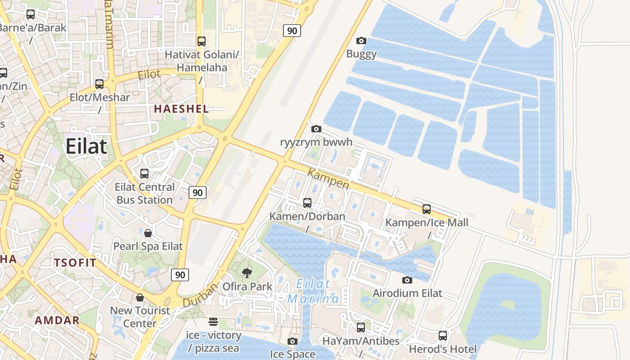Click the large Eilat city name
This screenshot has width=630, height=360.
(x=86, y=147)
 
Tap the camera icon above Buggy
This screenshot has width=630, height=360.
(x=361, y=41)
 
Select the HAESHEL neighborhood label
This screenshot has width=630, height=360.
(x=181, y=108)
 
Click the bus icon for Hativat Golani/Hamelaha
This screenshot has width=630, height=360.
(x=202, y=41)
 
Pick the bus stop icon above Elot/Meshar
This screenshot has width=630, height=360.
(x=99, y=84)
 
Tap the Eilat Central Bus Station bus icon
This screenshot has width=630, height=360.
(x=144, y=174)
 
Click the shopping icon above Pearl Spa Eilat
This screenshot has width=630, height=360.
(x=148, y=233)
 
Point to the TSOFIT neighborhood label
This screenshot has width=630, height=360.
(x=75, y=263)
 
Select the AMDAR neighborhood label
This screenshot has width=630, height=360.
(x=57, y=320)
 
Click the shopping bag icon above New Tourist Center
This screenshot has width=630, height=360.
(x=140, y=297)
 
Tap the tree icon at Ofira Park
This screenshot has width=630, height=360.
(x=247, y=273)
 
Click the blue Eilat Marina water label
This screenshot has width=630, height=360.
(x=313, y=291)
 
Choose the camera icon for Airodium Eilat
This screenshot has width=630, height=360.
(x=407, y=280)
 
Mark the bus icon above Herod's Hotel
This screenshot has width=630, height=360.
(x=443, y=336)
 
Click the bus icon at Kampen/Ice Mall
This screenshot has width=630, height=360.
(x=427, y=209)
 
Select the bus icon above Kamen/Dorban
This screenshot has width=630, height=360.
(x=307, y=203)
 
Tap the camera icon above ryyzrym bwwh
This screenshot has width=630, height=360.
(x=316, y=129)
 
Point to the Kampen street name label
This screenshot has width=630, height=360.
(x=328, y=179)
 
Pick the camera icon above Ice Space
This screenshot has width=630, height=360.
(x=292, y=341)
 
